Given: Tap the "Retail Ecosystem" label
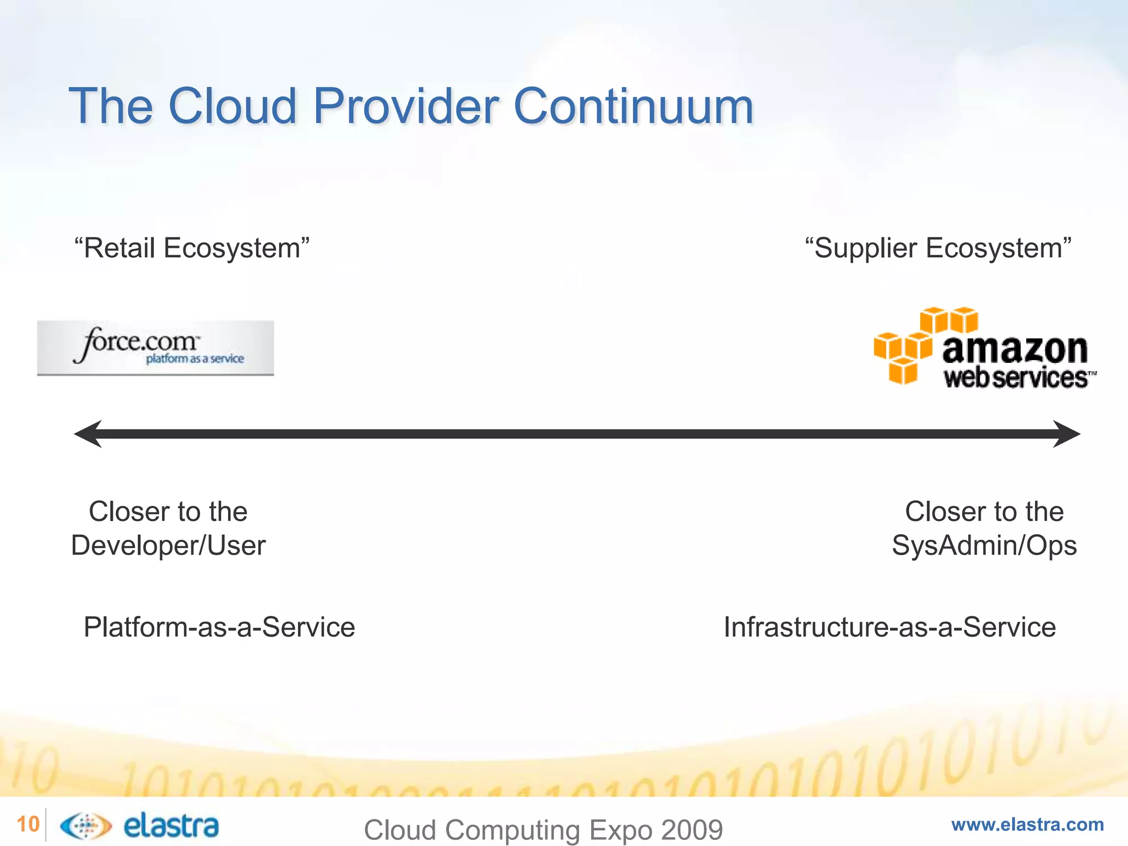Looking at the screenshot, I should pos(192,248).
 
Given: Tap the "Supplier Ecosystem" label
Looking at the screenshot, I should pos(938,248).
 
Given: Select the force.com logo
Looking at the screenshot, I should pos(155,348).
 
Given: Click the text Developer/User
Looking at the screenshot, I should pos(168,546).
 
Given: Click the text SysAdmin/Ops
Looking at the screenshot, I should pos(984,546).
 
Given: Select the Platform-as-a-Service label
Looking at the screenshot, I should pos(219,627).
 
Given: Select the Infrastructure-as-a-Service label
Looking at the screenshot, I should pos(890,627).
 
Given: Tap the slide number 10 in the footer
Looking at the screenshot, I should pos(28,825).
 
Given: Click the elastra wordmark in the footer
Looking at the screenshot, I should pos(171,826).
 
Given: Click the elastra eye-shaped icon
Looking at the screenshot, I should pos(85,826).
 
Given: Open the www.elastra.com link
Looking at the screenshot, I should pos(1027,825).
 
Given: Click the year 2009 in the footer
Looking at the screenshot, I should pos(692,830).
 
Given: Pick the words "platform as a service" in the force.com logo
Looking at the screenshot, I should pos(195,359).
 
